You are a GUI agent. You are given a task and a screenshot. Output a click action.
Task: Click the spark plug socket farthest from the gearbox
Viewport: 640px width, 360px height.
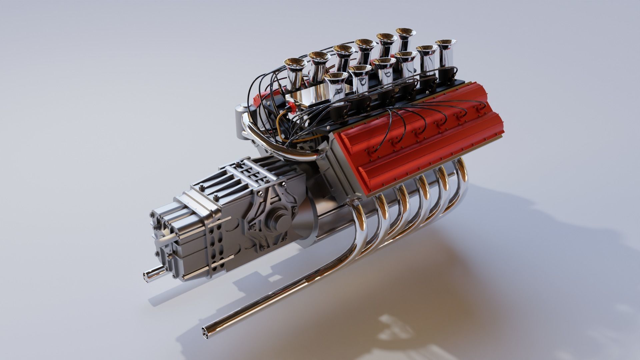tap(480, 109)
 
